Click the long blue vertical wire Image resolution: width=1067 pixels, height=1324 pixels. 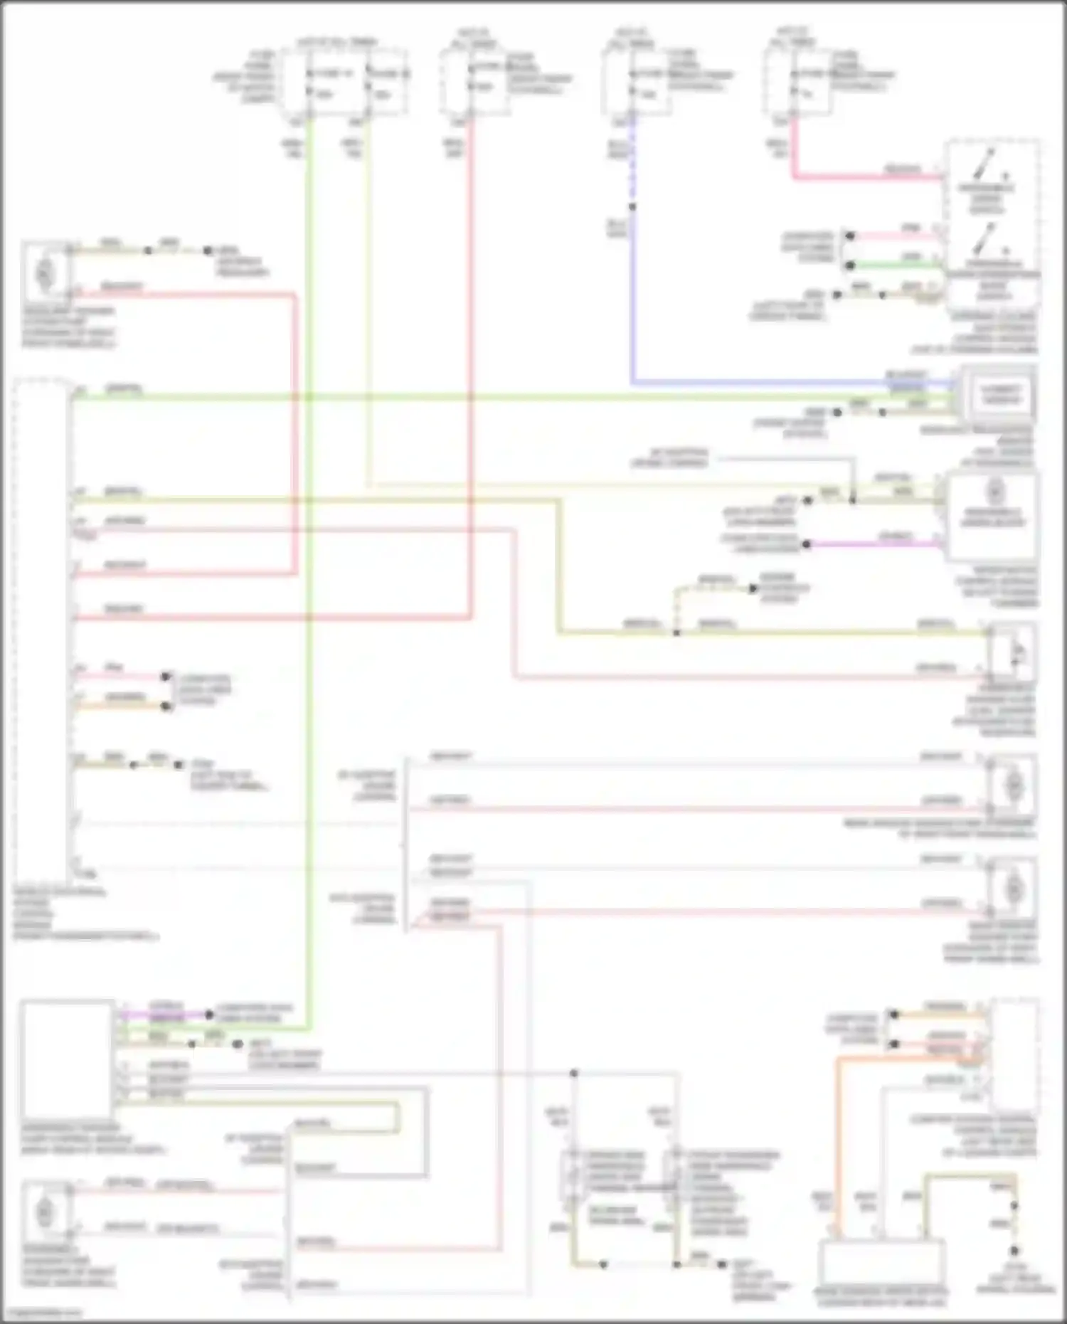tap(632, 299)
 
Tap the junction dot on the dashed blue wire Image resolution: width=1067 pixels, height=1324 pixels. tap(632, 207)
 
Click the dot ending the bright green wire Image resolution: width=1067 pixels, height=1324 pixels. tap(850, 265)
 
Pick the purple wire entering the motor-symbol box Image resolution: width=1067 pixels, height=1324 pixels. tap(875, 545)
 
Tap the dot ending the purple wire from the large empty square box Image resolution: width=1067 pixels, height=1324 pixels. tap(209, 1015)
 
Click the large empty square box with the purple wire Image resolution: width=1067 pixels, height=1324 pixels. tap(67, 1059)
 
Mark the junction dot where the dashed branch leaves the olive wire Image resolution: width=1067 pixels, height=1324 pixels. tap(676, 632)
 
